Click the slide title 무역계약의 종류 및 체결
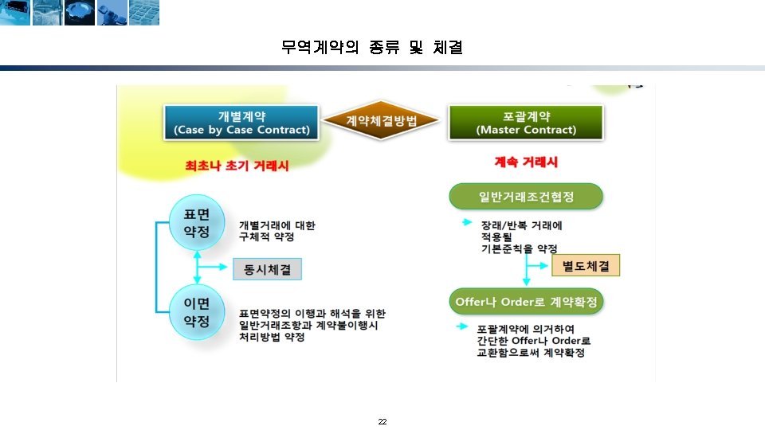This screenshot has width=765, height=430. [x=372, y=48]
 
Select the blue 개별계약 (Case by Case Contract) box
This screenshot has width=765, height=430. [x=241, y=122]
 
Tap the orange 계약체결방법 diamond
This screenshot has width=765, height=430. [x=382, y=121]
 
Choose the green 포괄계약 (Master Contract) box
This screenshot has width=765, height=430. [x=525, y=122]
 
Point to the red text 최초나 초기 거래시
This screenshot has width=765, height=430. [x=237, y=166]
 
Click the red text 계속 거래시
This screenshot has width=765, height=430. [x=526, y=162]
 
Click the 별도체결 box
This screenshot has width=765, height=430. [x=586, y=266]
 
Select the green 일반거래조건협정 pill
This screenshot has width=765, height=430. [x=526, y=197]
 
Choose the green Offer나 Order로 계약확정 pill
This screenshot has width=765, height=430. [x=526, y=303]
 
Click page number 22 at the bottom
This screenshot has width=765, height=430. [x=382, y=421]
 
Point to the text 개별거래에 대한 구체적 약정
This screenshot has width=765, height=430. [x=277, y=231]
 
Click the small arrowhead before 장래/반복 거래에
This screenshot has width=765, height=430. [x=467, y=224]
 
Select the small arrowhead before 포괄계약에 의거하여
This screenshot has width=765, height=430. [x=461, y=327]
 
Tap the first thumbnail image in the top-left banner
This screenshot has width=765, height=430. [x=15, y=12]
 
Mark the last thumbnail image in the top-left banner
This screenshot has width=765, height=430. [x=144, y=12]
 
